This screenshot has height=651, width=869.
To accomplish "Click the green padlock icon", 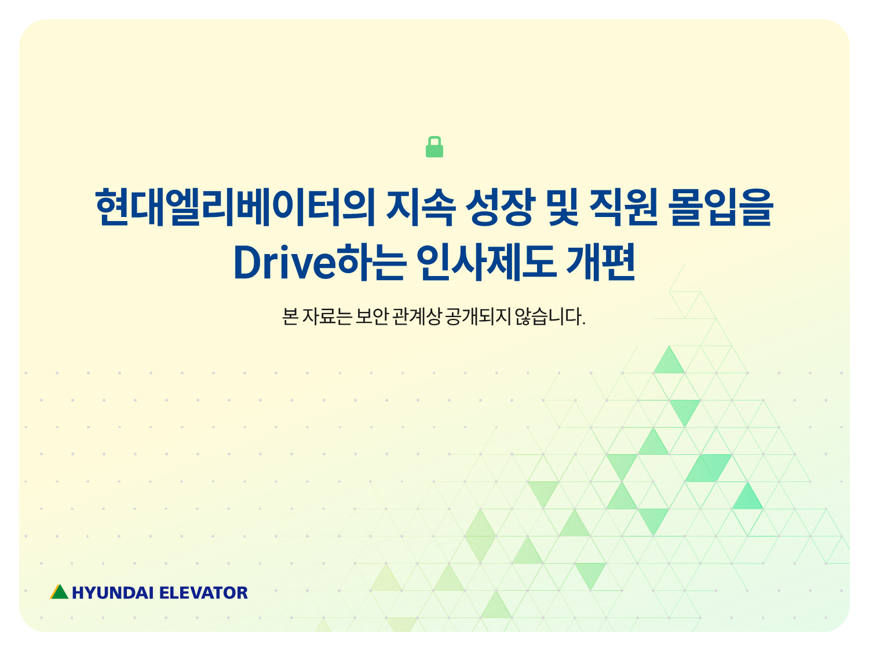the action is click(x=434, y=146).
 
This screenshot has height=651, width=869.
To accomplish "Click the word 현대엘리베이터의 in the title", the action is click(x=235, y=207).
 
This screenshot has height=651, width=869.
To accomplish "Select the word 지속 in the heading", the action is click(x=421, y=207).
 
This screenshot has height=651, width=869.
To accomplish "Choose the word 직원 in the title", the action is click(x=623, y=207).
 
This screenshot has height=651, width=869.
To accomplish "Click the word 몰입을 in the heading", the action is click(x=721, y=207).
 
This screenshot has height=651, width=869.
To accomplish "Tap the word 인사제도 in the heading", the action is click(x=487, y=262).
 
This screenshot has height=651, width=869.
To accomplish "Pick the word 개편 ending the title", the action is click(x=601, y=262).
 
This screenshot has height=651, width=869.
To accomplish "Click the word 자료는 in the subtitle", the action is click(x=327, y=317).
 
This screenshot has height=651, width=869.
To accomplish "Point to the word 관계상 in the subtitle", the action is click(x=417, y=317).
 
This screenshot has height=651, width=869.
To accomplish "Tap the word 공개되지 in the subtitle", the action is click(x=479, y=317).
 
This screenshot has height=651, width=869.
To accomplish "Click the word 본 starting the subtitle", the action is click(x=290, y=317).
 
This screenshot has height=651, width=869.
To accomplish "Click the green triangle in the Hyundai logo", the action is click(x=60, y=592).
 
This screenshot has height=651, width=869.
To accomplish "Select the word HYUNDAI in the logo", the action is click(x=113, y=593).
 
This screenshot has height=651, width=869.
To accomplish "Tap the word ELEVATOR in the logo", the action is click(x=203, y=593).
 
